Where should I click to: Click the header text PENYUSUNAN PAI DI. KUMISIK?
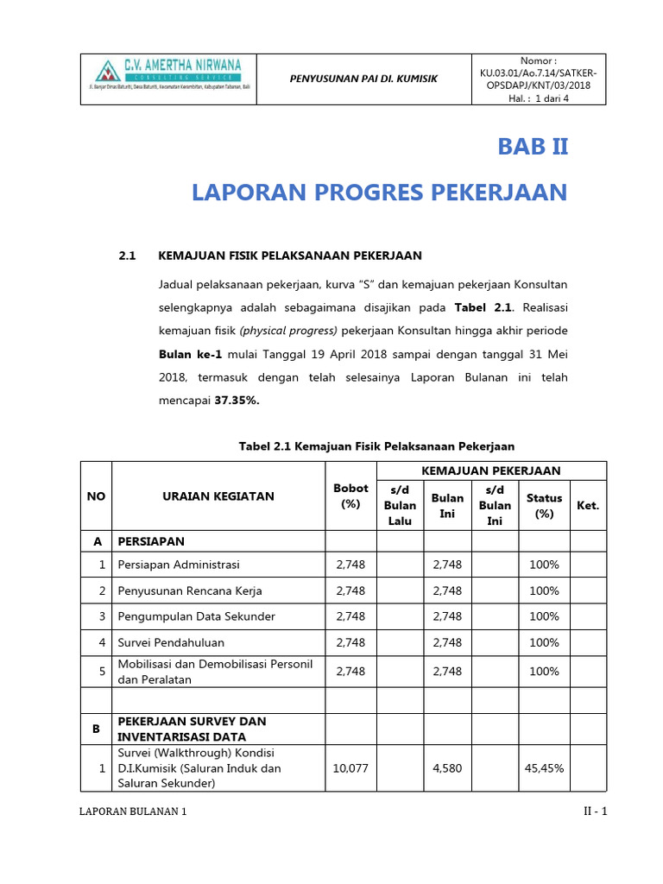pyautogui.click(x=363, y=79)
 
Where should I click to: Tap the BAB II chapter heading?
pyautogui.click(x=533, y=147)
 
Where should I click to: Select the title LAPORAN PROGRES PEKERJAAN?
pyautogui.click(x=380, y=192)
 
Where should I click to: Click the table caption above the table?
pyautogui.click(x=376, y=446)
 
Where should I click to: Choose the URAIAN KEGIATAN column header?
pyautogui.click(x=218, y=496)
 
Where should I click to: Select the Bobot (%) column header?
pyautogui.click(x=350, y=496)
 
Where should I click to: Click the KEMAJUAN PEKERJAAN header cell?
pyautogui.click(x=490, y=470)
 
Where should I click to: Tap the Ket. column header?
pyautogui.click(x=588, y=505)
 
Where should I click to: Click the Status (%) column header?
pyautogui.click(x=544, y=505)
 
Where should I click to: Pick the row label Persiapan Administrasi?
pyautogui.click(x=180, y=565)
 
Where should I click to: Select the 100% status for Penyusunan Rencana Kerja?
pyautogui.click(x=544, y=590)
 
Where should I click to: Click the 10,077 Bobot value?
pyautogui.click(x=350, y=768)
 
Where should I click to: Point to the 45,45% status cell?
pyautogui.click(x=544, y=768)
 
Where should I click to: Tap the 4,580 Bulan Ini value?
pyautogui.click(x=447, y=768)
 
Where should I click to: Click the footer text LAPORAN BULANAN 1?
pyautogui.click(x=133, y=812)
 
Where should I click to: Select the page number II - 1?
pyautogui.click(x=594, y=812)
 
